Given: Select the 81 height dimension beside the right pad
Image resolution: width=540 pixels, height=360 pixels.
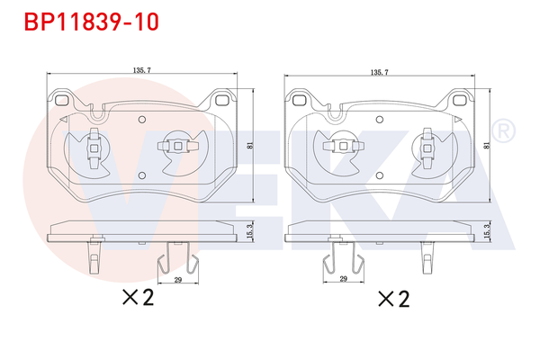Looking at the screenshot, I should click(488, 144).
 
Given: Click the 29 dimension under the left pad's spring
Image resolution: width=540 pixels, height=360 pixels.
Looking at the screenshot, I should click(177, 281).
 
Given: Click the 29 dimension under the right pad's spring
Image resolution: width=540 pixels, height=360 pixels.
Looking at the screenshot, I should click(344, 281).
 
